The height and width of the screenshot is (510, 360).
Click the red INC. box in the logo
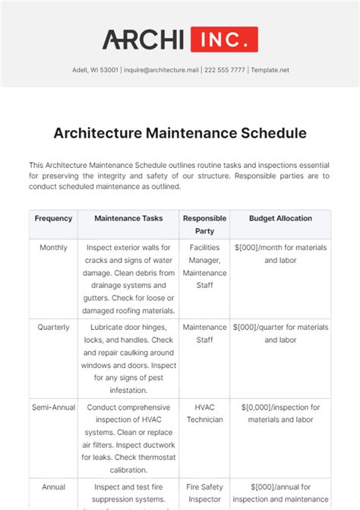click(x=224, y=39)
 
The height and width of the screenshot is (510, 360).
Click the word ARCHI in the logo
click(x=144, y=39)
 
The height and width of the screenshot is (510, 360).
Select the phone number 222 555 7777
click(x=225, y=70)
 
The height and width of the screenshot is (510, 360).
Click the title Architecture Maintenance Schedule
click(x=180, y=133)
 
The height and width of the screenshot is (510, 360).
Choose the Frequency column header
click(x=53, y=218)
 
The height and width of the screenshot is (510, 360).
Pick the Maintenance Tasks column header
click(x=128, y=218)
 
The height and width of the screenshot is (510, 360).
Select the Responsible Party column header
click(x=205, y=224)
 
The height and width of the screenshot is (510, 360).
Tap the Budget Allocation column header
click(x=280, y=218)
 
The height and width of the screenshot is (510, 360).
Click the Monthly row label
click(x=53, y=248)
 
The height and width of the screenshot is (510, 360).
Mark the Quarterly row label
click(x=53, y=328)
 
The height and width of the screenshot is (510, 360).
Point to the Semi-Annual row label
click(x=53, y=407)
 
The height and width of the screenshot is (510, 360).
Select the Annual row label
click(x=53, y=487)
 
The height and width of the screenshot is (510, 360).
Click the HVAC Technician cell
click(x=205, y=413)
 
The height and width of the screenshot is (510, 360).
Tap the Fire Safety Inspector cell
click(x=205, y=493)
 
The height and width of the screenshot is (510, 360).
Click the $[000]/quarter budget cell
click(x=280, y=334)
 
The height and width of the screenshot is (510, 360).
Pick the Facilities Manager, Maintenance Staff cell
click(x=205, y=260)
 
